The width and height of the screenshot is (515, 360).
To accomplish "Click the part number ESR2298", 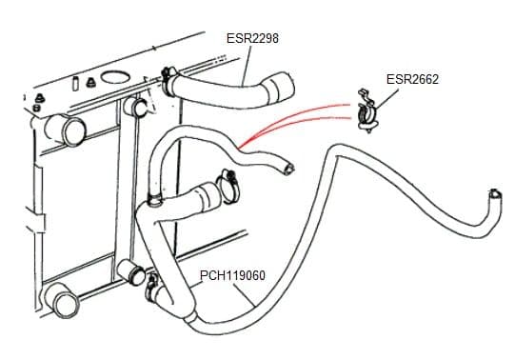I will [x=251, y=38].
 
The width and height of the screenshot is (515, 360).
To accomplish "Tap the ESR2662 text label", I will [x=412, y=79].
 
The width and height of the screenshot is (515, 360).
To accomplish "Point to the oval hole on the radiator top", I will [x=112, y=75].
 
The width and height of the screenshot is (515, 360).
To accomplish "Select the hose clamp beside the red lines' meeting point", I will [x=228, y=180].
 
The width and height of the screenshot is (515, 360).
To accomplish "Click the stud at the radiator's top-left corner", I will [x=39, y=101].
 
